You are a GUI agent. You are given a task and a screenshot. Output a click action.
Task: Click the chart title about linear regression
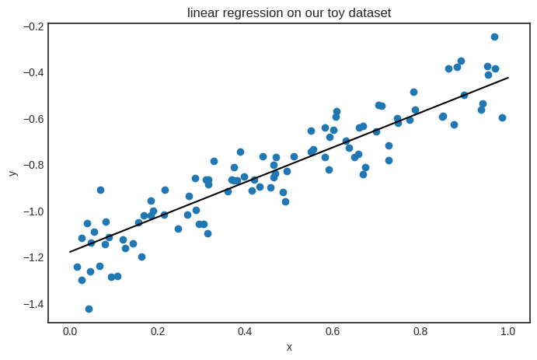(x=289, y=12)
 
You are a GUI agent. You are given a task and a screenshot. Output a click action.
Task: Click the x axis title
(x=289, y=347)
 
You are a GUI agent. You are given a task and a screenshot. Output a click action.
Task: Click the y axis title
(x=12, y=173)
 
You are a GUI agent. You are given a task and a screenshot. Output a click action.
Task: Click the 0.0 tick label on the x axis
(x=70, y=332)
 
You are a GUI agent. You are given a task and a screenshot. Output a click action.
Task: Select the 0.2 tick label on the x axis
(x=158, y=332)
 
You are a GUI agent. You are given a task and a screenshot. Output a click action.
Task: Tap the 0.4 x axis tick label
(x=245, y=332)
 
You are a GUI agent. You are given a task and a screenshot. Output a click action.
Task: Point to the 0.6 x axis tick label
(x=333, y=332)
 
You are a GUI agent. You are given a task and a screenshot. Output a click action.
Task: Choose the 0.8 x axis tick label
(x=420, y=332)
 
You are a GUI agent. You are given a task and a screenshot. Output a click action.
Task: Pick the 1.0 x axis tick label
(x=507, y=332)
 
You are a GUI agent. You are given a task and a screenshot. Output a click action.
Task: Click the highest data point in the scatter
(x=494, y=37)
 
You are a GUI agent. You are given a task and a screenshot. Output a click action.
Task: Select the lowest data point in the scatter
(x=89, y=309)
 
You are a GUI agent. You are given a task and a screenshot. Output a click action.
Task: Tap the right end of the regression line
(x=508, y=78)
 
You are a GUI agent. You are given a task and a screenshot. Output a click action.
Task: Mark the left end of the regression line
(x=70, y=252)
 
